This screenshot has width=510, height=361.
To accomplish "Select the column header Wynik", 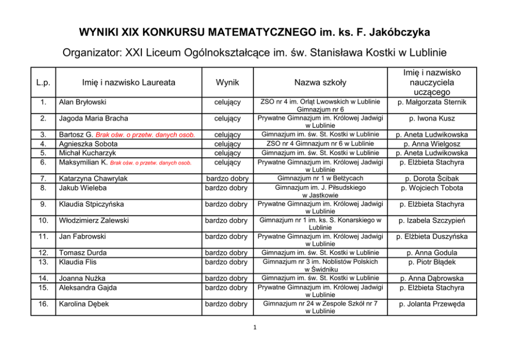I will tap(227, 82).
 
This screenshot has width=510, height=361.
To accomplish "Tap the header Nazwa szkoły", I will tap(320, 82).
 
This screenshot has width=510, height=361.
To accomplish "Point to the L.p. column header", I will tap(43, 82).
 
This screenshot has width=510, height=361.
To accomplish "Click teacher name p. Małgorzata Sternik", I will tap(432, 102).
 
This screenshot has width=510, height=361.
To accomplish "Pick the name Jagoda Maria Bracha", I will tap(94, 119).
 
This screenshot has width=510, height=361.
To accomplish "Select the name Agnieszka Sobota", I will tap(88, 144).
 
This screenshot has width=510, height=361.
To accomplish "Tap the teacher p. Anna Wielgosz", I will tap(432, 144).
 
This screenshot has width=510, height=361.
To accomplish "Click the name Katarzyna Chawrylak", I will tap(93, 178).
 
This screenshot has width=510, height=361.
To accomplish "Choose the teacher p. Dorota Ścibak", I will tap(432, 178).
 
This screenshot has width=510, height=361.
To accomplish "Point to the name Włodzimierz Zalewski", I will tap(96, 221).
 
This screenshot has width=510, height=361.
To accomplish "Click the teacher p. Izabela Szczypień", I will tap(432, 221).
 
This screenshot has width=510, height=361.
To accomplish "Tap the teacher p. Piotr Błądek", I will tap(432, 262).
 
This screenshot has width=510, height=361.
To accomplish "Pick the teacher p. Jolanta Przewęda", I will tap(432, 304).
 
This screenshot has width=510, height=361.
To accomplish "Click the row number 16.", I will tap(43, 304).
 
